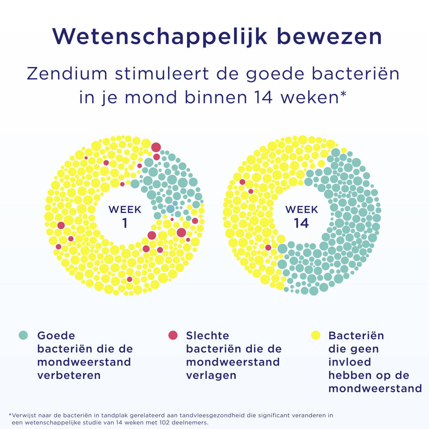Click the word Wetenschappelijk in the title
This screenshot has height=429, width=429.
tap(160, 37)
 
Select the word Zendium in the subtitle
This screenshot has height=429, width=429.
tap(67, 74)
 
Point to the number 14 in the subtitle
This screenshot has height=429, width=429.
tap(263, 97)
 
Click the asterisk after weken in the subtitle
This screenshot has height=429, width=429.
tap(343, 94)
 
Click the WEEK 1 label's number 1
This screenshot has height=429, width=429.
tap(125, 223)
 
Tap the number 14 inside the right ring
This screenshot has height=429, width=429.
tap(301, 223)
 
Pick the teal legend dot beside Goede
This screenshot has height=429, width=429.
tap(23, 335)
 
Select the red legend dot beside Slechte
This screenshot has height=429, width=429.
tap(173, 335)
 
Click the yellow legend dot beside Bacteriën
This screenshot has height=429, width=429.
tap(316, 335)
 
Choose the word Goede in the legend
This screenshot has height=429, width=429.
tap(56, 336)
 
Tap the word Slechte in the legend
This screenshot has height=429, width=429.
tap(207, 336)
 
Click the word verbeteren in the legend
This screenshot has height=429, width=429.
tap(69, 375)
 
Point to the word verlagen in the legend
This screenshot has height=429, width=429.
tap(211, 375)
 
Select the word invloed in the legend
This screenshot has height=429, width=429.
tap(350, 362)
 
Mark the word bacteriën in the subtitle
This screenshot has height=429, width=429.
tap(356, 74)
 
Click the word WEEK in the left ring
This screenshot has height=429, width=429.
tap(125, 209)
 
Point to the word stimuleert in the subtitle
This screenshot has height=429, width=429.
tap(162, 74)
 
